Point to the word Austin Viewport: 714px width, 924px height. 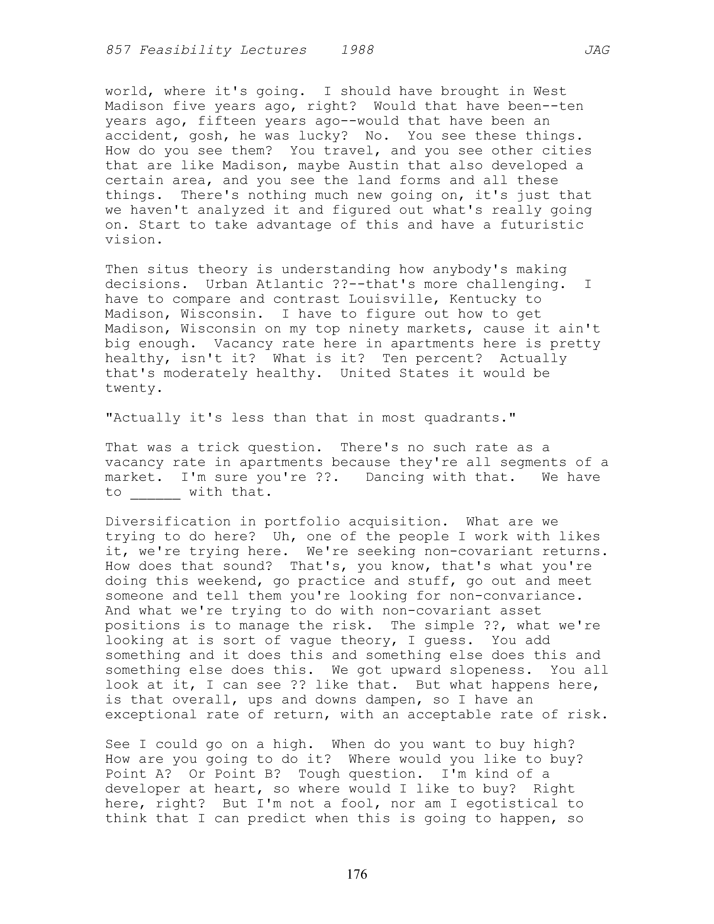coord(374,165)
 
